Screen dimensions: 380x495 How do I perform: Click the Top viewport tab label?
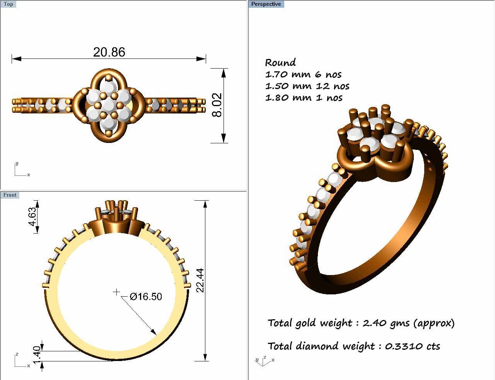click(x=8, y=4)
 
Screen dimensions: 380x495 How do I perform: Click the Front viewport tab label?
click(x=10, y=195)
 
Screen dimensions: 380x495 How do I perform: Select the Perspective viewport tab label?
click(x=266, y=4)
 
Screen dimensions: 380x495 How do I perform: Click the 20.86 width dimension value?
click(x=109, y=52)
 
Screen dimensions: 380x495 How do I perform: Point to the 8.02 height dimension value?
click(x=217, y=105)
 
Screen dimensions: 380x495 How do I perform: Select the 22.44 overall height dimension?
click(x=200, y=280)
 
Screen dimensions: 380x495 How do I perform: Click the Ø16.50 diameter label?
click(x=146, y=297)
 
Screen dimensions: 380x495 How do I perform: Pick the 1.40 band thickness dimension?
click(x=37, y=355)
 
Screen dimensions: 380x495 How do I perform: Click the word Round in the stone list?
click(x=280, y=63)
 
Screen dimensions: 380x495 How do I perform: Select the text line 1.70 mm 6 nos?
click(x=303, y=74)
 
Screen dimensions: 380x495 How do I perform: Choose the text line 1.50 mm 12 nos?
click(x=307, y=86)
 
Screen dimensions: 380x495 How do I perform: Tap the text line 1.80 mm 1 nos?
click(x=304, y=98)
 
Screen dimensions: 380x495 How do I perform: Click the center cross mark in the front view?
click(x=116, y=292)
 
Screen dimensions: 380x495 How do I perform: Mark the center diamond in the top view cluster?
click(x=109, y=105)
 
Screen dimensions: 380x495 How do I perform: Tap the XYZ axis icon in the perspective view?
click(x=264, y=361)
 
